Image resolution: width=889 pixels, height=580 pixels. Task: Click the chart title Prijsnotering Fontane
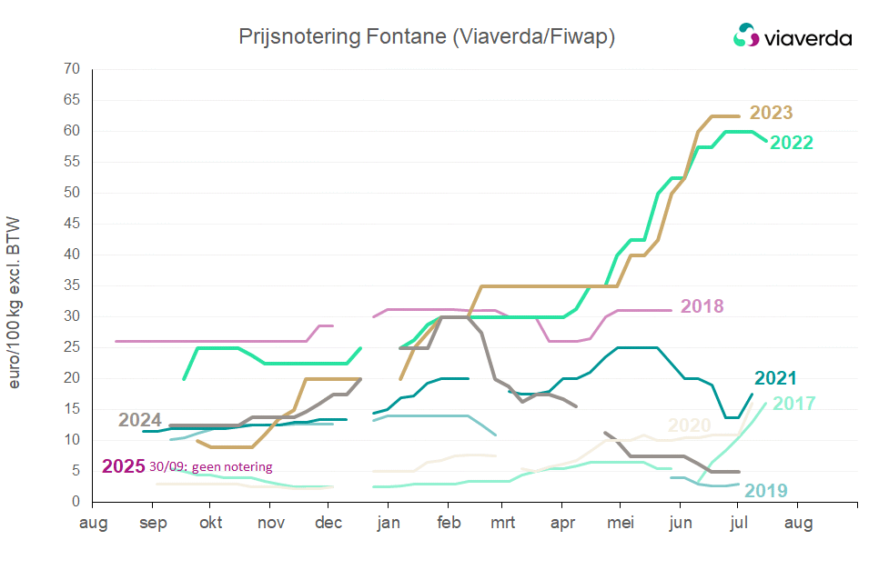pyautogui.click(x=426, y=36)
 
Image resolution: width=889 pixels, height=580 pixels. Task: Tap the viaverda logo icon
pyautogui.click(x=746, y=35)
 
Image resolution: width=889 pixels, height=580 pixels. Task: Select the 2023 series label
pyautogui.click(x=771, y=114)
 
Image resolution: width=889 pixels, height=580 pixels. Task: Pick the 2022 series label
pyautogui.click(x=791, y=143)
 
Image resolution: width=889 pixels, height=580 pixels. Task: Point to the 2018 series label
pyautogui.click(x=702, y=306)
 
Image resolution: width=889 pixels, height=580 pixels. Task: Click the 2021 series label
pyautogui.click(x=775, y=379)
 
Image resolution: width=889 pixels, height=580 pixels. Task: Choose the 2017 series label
pyautogui.click(x=793, y=404)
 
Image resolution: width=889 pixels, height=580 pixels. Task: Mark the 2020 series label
pyautogui.click(x=690, y=425)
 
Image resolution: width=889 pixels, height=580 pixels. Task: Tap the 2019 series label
pyautogui.click(x=766, y=492)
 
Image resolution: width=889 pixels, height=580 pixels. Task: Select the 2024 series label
pyautogui.click(x=140, y=421)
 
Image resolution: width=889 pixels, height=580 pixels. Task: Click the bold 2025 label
pyautogui.click(x=123, y=466)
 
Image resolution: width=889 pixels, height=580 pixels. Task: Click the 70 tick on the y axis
pyautogui.click(x=73, y=70)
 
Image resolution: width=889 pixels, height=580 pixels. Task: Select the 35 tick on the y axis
pyautogui.click(x=73, y=285)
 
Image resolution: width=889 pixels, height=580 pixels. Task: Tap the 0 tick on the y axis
pyautogui.click(x=76, y=502)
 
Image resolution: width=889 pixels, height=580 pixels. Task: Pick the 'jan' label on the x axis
pyautogui.click(x=389, y=524)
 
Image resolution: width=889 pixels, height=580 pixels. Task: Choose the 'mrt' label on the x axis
pyautogui.click(x=502, y=524)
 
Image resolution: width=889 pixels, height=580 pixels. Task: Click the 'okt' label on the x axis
pyautogui.click(x=210, y=524)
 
